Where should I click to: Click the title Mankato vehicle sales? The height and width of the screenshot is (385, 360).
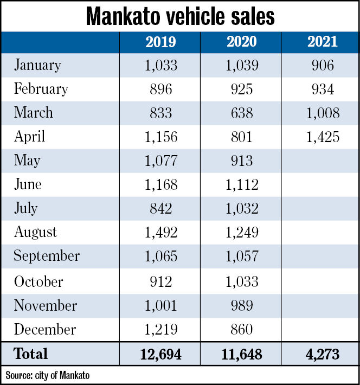click(x=180, y=17)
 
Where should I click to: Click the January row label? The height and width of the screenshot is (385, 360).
click(x=37, y=65)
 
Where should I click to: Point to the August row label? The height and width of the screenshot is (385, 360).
click(x=35, y=232)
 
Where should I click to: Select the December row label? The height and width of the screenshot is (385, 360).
click(x=45, y=329)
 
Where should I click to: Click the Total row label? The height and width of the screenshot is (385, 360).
click(x=31, y=354)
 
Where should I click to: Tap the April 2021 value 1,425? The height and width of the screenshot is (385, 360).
click(x=323, y=137)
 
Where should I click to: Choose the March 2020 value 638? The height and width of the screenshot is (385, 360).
click(x=241, y=113)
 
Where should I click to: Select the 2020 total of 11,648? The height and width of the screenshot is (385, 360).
click(x=241, y=355)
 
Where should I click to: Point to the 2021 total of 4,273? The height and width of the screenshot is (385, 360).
click(x=323, y=355)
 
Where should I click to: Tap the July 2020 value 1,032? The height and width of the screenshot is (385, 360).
click(x=241, y=209)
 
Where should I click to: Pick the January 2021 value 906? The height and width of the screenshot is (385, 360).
click(x=323, y=65)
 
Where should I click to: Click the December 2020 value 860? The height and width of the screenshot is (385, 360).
click(x=241, y=329)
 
